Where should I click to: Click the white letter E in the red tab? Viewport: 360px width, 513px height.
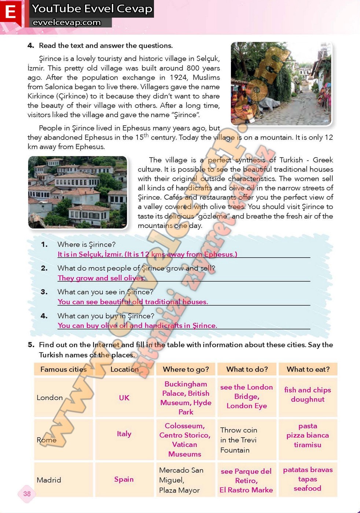pos(10,12)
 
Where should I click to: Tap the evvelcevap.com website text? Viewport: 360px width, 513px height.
pos(67,22)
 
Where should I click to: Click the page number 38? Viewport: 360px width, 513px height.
pos(27,494)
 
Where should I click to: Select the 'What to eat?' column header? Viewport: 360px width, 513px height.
pos(308,369)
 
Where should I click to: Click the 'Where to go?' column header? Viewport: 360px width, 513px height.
pos(186,369)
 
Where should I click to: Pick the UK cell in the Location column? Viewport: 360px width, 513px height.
pos(124,398)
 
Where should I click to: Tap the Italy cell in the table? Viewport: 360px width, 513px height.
pos(124,434)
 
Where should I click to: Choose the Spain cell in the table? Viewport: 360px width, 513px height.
pos(124,479)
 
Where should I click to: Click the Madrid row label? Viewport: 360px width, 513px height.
pos(49,480)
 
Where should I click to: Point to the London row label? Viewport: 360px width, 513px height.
pos(49,398)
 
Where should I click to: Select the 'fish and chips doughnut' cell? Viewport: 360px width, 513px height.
pos(308,395)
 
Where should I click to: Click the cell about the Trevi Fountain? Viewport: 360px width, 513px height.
pos(239,440)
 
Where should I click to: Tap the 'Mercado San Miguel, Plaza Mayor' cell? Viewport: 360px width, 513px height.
pos(181,480)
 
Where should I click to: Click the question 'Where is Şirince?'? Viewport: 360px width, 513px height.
pos(87,244)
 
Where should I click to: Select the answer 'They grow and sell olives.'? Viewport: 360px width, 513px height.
pos(102,278)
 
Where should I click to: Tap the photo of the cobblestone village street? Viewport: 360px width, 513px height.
pos(281,84)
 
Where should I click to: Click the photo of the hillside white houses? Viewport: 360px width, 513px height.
pos(78,192)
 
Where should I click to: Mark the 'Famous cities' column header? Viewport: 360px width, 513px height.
pos(63,369)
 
